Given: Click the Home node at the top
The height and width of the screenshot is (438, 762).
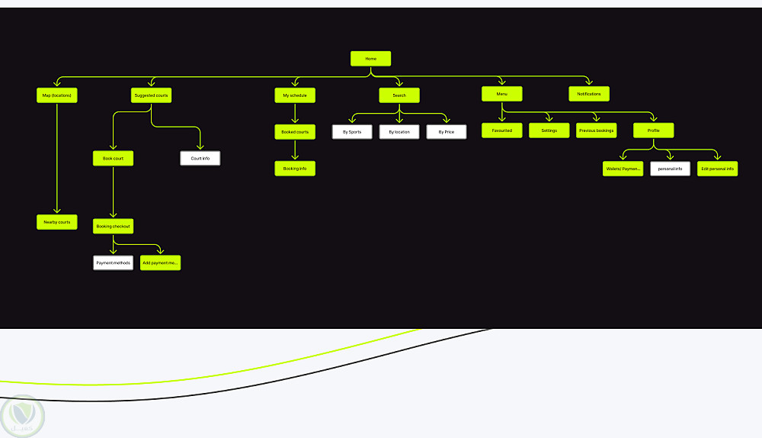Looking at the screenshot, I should (370, 59).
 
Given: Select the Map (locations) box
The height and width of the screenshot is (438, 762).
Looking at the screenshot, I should (57, 95).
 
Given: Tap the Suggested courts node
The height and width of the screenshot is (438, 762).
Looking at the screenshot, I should (151, 95).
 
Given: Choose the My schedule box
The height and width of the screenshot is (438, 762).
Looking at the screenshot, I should (295, 95).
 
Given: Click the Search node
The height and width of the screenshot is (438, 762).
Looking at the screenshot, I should (399, 95).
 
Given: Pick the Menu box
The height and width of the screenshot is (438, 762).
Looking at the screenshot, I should (501, 94).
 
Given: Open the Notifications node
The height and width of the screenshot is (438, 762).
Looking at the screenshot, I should (589, 94).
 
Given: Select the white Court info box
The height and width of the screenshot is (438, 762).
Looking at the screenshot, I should (200, 158).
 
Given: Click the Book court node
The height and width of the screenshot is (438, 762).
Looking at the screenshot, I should (113, 158).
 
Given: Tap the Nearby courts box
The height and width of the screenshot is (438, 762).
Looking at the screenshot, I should (57, 222).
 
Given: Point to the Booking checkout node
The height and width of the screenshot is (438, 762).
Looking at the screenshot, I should (114, 226).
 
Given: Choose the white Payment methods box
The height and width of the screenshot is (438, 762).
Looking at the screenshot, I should (114, 262).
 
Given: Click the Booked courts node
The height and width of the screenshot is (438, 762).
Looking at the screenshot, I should (295, 132).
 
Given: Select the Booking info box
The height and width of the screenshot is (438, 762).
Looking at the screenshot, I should (295, 168).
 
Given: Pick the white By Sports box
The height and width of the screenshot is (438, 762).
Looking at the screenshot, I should (352, 132).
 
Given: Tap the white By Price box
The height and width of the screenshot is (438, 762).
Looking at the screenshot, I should (447, 132).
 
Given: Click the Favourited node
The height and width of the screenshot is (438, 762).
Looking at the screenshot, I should (501, 130).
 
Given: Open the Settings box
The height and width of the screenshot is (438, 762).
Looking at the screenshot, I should (549, 130).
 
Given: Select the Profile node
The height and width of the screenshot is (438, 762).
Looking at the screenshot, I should (654, 130).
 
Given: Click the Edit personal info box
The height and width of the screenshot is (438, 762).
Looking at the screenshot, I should (718, 169).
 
